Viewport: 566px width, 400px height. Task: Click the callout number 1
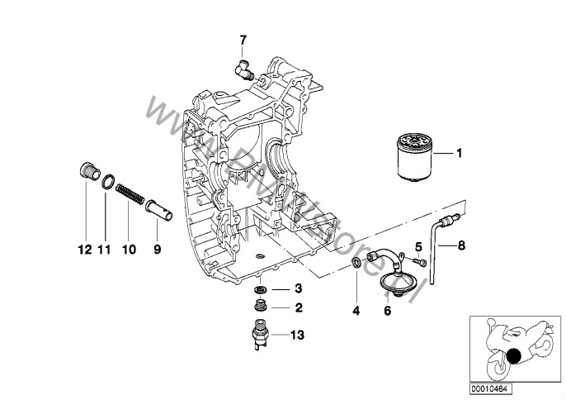[x=460, y=154]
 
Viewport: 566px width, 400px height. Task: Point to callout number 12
[x=83, y=249]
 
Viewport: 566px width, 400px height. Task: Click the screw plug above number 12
[x=83, y=174]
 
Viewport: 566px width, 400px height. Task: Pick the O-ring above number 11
[x=106, y=182]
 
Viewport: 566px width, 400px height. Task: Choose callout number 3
[x=276, y=289]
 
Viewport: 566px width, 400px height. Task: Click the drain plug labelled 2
[x=260, y=309]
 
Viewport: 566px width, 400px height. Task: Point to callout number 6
[x=387, y=311]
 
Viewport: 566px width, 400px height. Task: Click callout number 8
[x=460, y=245]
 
